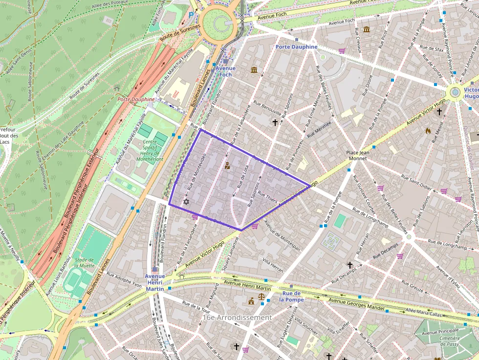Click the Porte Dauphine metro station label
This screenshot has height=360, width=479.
pyautogui.click(x=296, y=47)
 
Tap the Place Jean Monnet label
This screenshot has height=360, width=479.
pyautogui.click(x=360, y=155)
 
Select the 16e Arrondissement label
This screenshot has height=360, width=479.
pyautogui.click(x=237, y=318)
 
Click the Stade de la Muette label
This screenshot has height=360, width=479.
pyautogui.click(x=84, y=263)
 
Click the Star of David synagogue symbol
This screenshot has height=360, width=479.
pyautogui.click(x=186, y=201)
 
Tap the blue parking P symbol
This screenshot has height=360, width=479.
pyautogui.click(x=191, y=15)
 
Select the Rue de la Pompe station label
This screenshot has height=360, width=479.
pyautogui.click(x=292, y=296)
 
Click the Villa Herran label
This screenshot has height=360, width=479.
pyautogui.click(x=273, y=265)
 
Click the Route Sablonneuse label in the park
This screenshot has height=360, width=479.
pyautogui.click(x=30, y=78)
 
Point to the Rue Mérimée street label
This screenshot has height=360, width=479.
pyautogui.click(x=320, y=128)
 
